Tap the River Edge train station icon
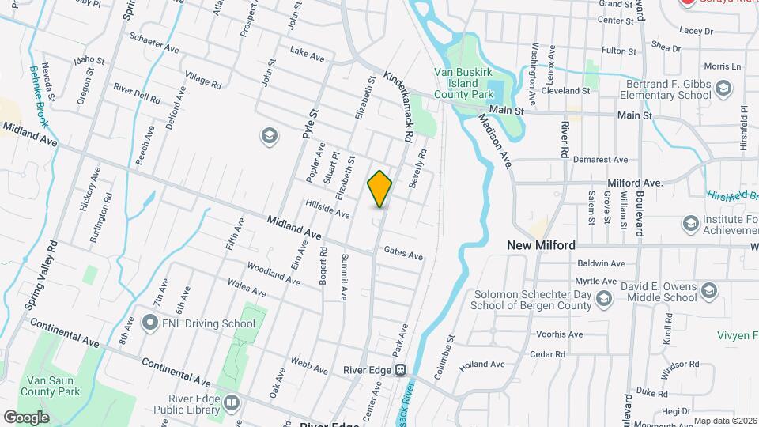click(401, 369)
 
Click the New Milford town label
click(541, 245)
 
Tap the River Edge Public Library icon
click(232, 403)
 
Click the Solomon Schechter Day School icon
click(605, 298)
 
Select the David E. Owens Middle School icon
click(708, 291)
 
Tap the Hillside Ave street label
click(327, 209)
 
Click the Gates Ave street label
click(403, 255)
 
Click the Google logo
click(27, 417)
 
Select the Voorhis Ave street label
click(558, 334)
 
